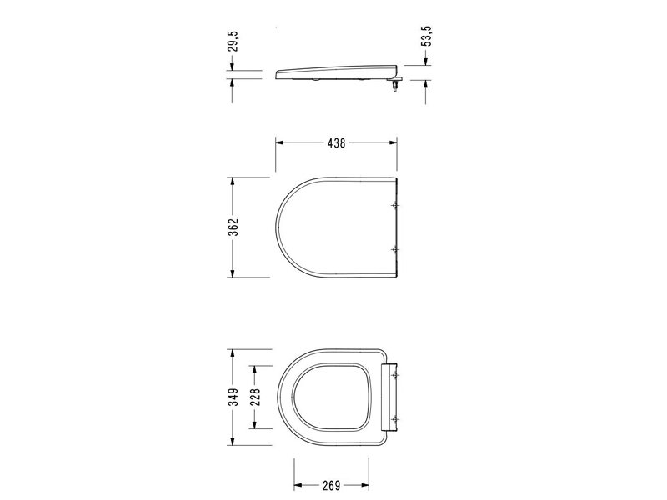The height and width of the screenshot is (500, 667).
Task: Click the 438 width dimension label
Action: (x=336, y=143)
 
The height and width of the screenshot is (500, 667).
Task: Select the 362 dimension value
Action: (x=233, y=227)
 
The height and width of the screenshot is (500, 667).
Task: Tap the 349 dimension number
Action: (x=233, y=397)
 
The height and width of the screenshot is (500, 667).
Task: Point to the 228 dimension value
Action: (x=255, y=397)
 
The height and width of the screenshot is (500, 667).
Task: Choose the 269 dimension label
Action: (x=331, y=485)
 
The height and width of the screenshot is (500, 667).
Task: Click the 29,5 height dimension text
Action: (x=233, y=41)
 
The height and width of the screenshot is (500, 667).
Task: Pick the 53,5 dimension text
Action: (x=427, y=36)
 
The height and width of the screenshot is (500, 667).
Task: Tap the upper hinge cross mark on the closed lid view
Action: (x=396, y=205)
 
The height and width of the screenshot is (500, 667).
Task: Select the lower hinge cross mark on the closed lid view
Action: (x=396, y=249)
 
